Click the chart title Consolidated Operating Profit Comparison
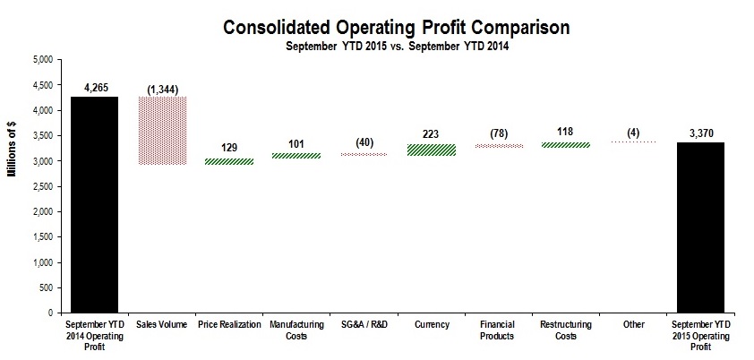(396, 28)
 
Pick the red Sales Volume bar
(162, 131)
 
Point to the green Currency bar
(431, 150)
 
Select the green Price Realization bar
(229, 161)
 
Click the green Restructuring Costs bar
(564, 144)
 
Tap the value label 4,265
(94, 88)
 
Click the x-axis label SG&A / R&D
(364, 322)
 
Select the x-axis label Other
(631, 322)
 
